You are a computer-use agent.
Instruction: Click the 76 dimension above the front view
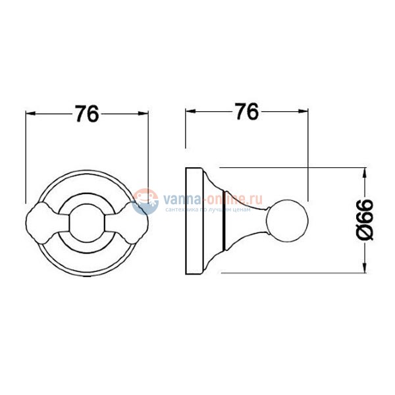(x=87, y=115)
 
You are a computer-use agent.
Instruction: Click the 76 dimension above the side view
(x=245, y=113)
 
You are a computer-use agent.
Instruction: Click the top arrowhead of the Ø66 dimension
(x=364, y=172)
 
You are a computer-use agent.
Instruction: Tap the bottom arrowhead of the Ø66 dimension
(x=364, y=267)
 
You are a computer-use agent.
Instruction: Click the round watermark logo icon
(x=145, y=201)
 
